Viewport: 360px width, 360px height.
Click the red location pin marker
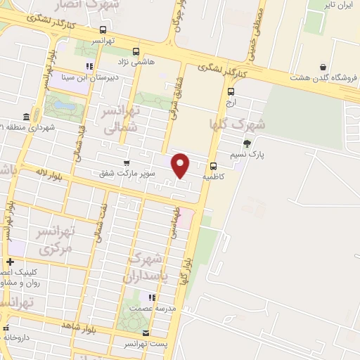pyautogui.click(x=181, y=165)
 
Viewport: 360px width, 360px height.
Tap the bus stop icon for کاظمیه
pyautogui.click(x=212, y=167)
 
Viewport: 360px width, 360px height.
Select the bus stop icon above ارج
pyautogui.click(x=231, y=90)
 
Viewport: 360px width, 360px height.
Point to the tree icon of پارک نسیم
pyautogui.click(x=246, y=143)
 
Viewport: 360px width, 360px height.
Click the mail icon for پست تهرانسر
pyautogui.click(x=146, y=333)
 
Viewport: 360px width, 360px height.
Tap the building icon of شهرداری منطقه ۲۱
pyautogui.click(x=26, y=116)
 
